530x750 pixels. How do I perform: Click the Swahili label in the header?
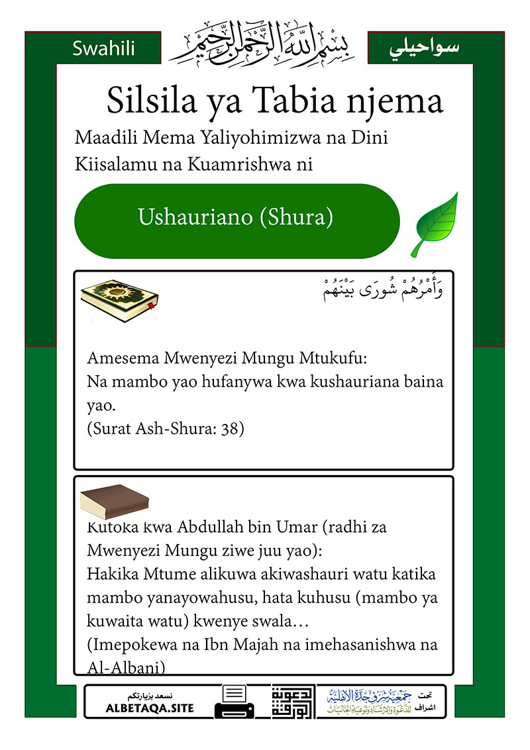103,48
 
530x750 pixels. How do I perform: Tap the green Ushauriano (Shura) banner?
236,217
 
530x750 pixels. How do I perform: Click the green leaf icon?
435,224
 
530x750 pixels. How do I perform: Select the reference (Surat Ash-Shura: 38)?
166,429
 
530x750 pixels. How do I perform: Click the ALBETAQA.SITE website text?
150,708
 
